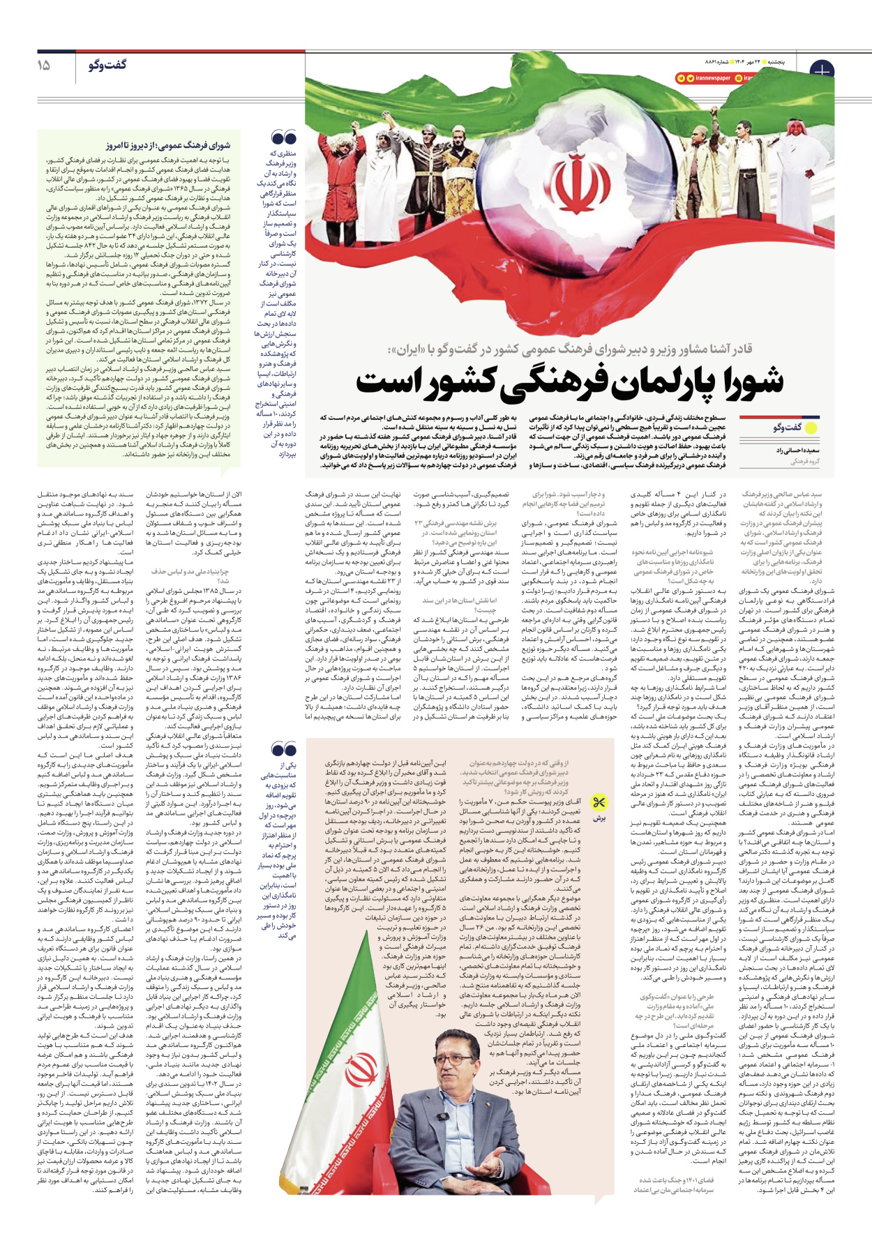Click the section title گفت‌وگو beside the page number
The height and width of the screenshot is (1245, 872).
[107, 65]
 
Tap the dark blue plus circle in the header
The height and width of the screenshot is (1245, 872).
[822, 71]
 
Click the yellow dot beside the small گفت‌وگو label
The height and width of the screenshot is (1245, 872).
[811, 428]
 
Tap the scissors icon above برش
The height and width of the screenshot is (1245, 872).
[599, 802]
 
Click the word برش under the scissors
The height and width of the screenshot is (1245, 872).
[599, 818]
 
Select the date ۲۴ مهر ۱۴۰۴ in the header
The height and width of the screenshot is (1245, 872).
[746, 61]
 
